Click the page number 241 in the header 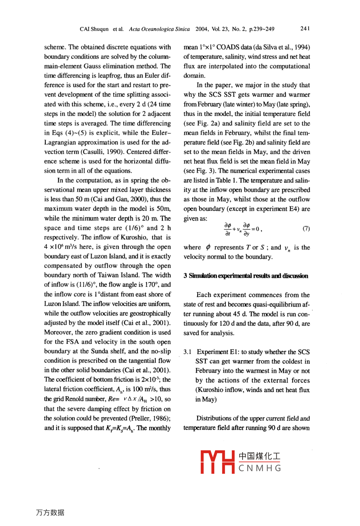click(305, 29)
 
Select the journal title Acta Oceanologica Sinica click(159, 29)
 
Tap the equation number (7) click(306, 228)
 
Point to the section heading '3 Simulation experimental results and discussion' click(246, 276)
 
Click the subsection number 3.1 click(188, 352)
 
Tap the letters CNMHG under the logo click(260, 468)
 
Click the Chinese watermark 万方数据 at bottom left click(50, 513)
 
